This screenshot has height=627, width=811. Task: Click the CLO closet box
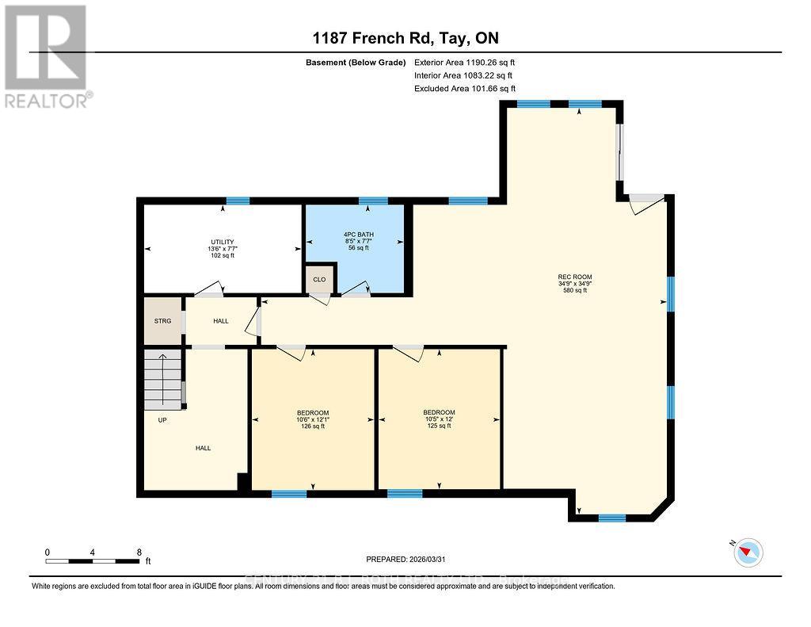(x=319, y=279)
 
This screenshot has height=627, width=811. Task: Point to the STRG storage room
(x=162, y=321)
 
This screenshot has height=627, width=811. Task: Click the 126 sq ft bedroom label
(x=313, y=419)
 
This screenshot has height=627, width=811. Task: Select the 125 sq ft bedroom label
(x=439, y=419)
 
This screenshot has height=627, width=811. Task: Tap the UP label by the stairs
(x=162, y=420)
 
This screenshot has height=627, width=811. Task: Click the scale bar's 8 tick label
(x=139, y=552)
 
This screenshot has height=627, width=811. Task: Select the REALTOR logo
(x=46, y=55)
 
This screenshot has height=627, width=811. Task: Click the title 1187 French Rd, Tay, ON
(x=405, y=38)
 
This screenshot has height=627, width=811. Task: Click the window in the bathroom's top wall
(x=372, y=201)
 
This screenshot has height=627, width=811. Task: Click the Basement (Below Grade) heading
(x=356, y=62)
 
